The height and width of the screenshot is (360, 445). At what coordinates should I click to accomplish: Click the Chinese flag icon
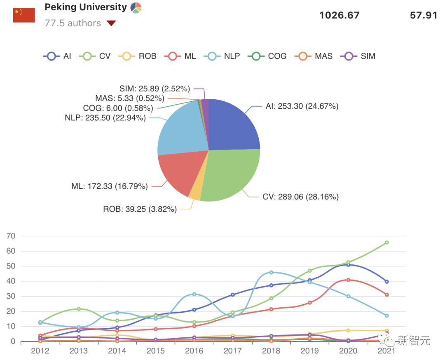pos(24,15)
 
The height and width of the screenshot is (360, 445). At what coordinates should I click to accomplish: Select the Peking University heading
pos(85,7)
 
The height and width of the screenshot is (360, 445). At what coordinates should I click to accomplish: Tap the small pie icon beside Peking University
pos(136,7)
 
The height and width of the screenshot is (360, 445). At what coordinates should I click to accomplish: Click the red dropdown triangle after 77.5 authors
pos(111,23)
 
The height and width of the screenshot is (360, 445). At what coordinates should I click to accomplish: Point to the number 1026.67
pos(340,15)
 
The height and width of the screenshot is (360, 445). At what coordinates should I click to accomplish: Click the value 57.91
pos(423,15)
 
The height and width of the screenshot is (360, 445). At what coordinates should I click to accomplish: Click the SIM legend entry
pos(358,56)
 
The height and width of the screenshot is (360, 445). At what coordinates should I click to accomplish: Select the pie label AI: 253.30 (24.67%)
pos(302,106)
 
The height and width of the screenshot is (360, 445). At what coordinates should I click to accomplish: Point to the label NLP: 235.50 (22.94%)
pos(105,118)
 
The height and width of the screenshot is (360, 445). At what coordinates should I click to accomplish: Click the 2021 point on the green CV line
pos(386,243)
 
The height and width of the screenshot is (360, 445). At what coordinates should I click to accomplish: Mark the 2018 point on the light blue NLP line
pos(271,272)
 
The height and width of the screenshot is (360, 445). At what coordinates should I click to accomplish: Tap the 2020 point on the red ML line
pos(348,280)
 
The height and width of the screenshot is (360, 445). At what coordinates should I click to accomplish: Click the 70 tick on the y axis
pos(10,236)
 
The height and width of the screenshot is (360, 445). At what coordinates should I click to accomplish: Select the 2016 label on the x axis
pos(194,351)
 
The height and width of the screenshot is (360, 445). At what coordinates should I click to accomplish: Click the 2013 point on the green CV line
pos(79,309)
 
